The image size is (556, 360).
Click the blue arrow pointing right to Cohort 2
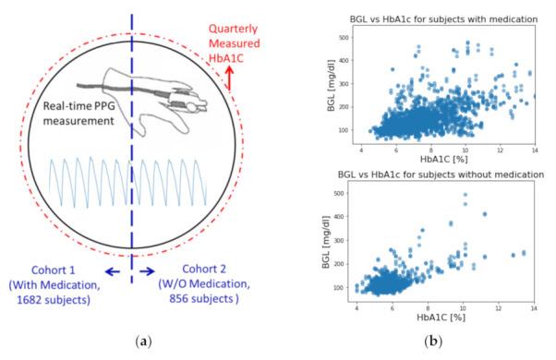[x=146, y=271]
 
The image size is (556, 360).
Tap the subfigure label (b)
[x=430, y=342]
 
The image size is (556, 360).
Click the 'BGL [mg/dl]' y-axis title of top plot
[x=324, y=83]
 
